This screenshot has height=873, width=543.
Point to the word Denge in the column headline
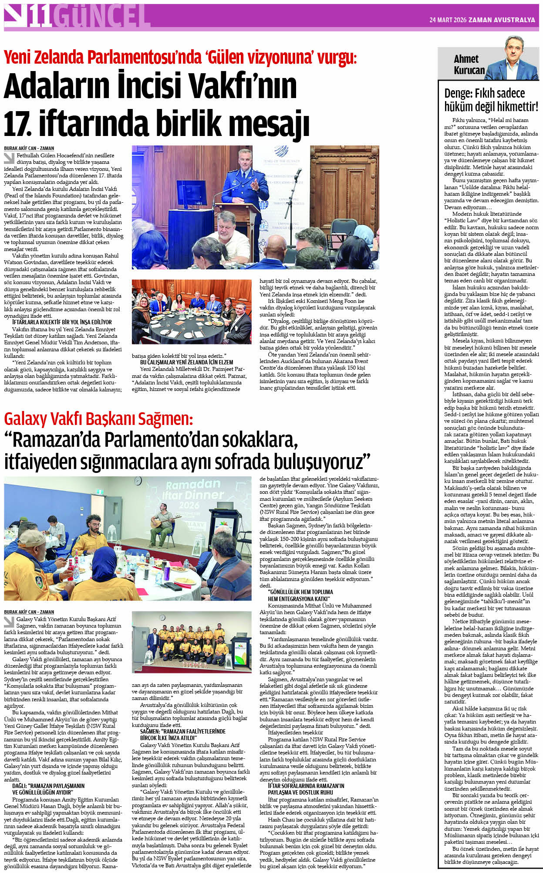(x=457, y=93)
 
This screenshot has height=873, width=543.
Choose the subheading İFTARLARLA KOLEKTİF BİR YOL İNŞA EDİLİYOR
(x=62, y=322)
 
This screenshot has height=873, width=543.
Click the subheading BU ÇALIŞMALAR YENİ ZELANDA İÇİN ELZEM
(x=186, y=362)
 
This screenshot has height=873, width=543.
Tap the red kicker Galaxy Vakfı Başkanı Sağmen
(x=98, y=419)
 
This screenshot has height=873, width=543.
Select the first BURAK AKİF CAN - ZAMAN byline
(x=29, y=148)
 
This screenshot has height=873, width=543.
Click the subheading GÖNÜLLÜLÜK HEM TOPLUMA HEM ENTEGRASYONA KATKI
(x=300, y=595)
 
